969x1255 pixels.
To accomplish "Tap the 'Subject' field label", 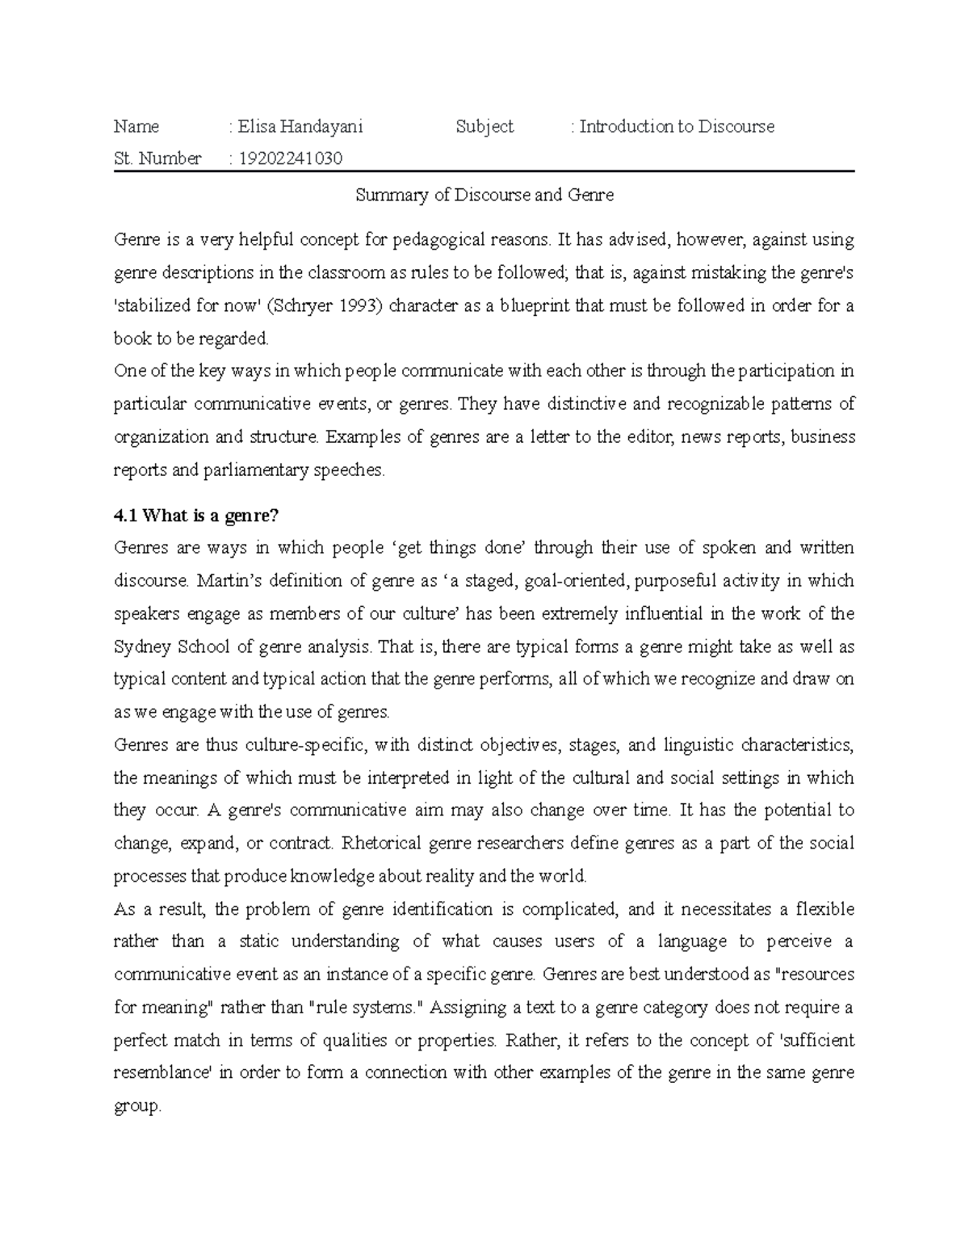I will pos(484,127).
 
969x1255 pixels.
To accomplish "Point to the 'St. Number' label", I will pos(157,158).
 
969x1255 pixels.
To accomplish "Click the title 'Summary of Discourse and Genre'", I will pos(484,196).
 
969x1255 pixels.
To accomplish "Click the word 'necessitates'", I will pos(724,910).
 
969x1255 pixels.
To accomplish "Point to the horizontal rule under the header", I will pos(484,172).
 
